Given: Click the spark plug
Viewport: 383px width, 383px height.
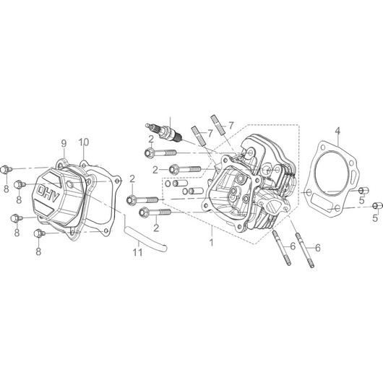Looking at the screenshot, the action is (164, 132).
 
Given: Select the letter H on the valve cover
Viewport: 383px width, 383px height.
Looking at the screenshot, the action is (48, 194).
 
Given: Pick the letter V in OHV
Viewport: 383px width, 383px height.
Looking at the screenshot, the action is (55, 197).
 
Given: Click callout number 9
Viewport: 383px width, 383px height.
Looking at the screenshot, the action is (64, 143).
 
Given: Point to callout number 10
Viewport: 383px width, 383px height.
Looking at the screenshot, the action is (84, 142).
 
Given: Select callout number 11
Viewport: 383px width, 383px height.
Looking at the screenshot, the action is (137, 252).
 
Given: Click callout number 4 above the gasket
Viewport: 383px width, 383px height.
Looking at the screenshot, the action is (337, 131).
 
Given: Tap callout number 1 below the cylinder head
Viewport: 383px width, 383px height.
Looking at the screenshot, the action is (212, 243).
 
